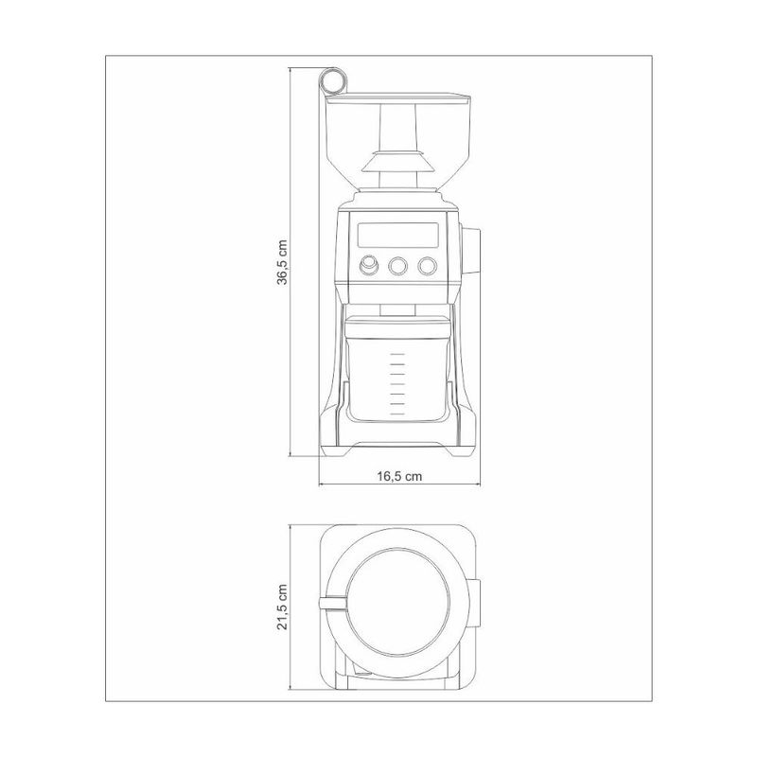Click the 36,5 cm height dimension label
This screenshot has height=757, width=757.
pos(282,263)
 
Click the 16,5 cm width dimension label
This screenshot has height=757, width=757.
pos(399,477)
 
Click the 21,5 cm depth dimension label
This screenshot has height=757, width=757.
pos(282,607)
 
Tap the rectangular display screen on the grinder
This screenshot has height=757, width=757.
pos(397,235)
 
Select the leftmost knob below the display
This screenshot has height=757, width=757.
pos(369,264)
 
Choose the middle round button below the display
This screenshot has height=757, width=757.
pos(397,266)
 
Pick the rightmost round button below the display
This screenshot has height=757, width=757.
pos(428,266)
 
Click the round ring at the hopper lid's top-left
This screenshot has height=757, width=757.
pos(333,80)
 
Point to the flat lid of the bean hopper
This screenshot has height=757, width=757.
pos(398,98)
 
